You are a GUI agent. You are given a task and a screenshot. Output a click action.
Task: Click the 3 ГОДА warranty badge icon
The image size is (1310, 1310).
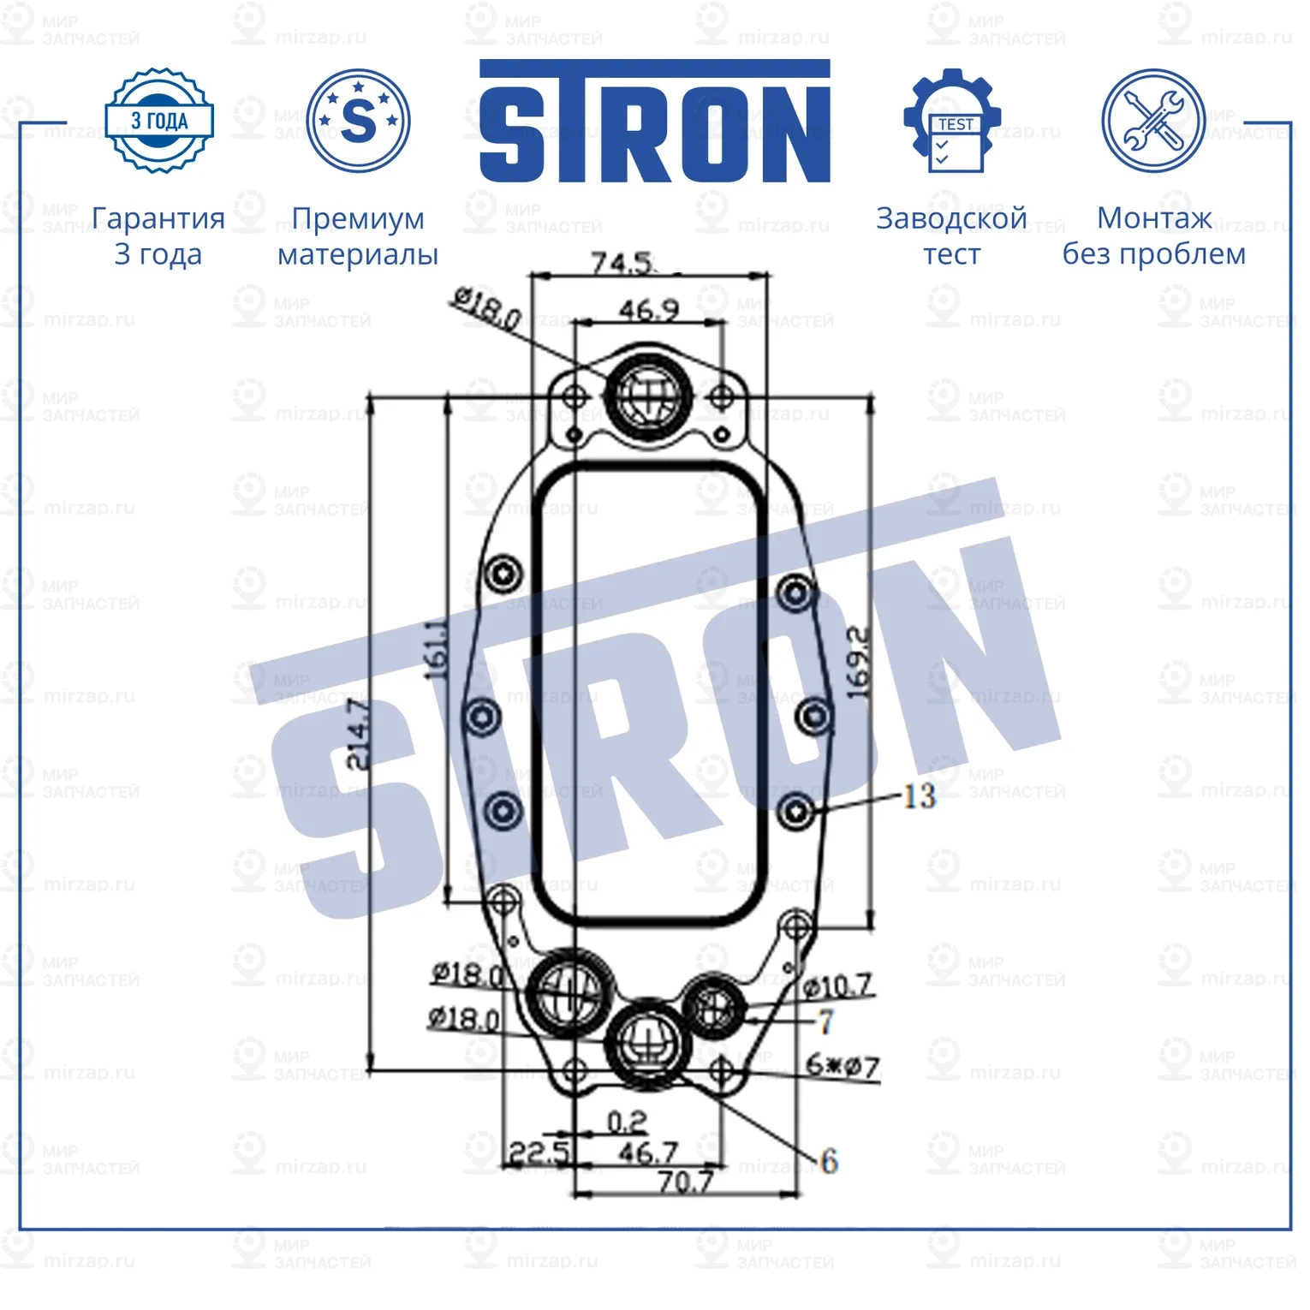158,121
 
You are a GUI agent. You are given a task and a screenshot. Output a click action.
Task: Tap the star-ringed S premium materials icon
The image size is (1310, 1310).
358,121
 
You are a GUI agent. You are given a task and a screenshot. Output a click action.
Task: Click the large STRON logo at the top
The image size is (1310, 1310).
654,122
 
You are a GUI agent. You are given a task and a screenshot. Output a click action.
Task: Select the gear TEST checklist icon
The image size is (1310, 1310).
952,122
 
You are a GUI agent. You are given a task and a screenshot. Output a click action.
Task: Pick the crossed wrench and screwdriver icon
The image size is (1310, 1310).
1152,122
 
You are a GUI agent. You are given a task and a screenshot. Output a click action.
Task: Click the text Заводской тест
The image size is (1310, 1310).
951,235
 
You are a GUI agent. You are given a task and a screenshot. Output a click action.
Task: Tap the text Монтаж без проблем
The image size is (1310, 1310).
1153,235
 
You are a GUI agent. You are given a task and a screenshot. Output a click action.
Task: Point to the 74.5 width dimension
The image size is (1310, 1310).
622,262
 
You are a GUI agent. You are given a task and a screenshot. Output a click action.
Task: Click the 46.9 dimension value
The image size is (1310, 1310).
649,309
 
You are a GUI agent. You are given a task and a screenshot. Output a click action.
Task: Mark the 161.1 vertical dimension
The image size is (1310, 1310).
438,649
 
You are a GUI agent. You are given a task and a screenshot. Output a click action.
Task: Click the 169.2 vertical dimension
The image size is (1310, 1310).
858,663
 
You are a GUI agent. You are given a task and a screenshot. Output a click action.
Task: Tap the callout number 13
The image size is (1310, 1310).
920,796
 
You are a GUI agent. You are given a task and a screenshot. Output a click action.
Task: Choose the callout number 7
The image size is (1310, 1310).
825,1021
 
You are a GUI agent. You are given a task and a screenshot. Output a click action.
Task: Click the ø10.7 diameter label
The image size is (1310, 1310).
839,986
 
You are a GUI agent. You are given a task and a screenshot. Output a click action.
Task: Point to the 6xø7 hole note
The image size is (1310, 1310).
843,1066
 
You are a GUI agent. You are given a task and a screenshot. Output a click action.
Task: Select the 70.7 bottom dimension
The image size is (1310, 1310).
685,1182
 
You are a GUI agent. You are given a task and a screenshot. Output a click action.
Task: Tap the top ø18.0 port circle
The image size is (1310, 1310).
648,394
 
